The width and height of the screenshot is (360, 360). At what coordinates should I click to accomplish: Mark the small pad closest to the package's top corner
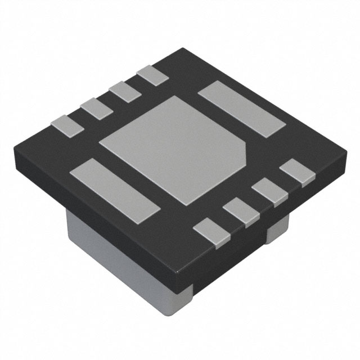[151, 75]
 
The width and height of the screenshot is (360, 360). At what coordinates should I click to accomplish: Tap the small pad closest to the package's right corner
[297, 172]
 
